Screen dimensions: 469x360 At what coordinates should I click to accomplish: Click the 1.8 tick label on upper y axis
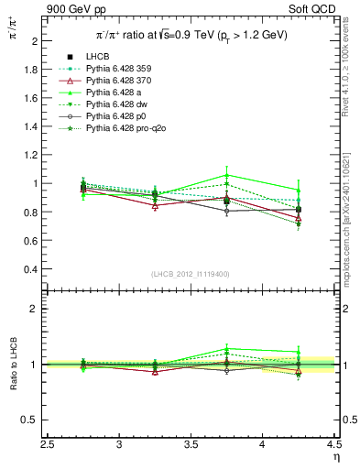(31, 70)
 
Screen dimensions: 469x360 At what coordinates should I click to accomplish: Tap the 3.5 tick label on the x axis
(191, 444)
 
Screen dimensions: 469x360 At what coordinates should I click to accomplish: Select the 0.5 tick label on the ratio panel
(31, 420)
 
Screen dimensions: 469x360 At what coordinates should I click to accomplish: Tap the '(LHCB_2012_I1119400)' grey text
(191, 274)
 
